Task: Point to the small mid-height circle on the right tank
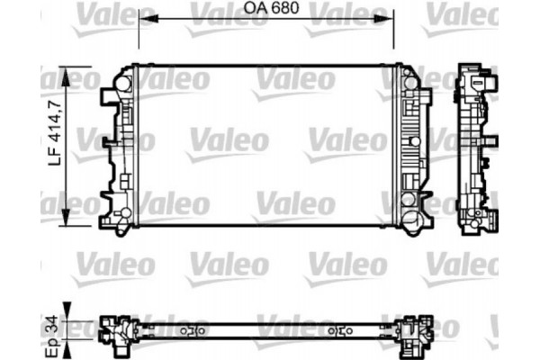tap(410, 142)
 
